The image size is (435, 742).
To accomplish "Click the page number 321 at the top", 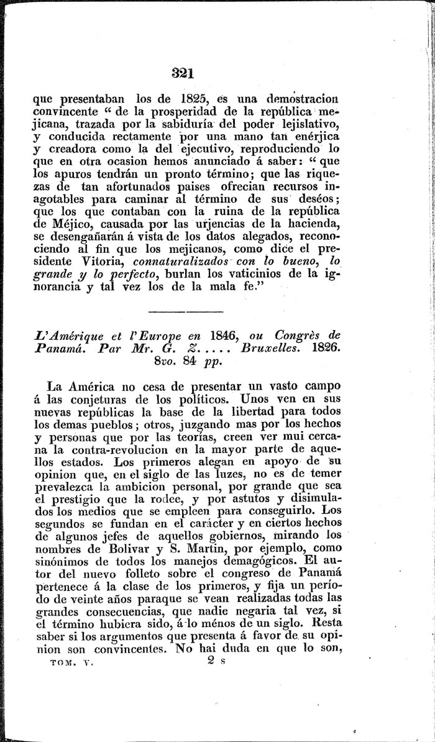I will pyautogui.click(x=183, y=72).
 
